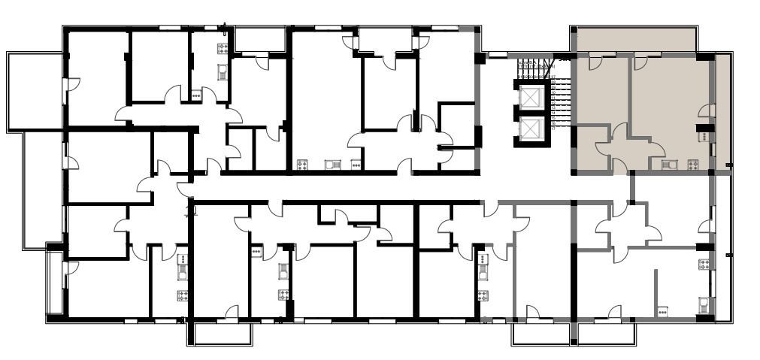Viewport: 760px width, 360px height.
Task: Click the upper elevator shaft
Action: click(x=531, y=98)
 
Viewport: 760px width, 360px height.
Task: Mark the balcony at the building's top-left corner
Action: click(x=35, y=91)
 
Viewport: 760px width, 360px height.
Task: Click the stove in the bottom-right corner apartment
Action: click(x=704, y=264)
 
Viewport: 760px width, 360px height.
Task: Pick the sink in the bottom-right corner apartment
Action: click(x=704, y=304)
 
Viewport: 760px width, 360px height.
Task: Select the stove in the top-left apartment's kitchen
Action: click(x=223, y=49)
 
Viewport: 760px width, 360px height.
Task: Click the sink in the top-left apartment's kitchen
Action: click(x=223, y=71)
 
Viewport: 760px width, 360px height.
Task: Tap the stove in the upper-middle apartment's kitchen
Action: click(x=303, y=165)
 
